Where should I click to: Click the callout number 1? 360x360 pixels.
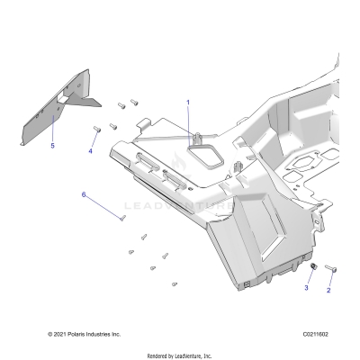(188, 103)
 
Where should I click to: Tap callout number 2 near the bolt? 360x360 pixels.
(328, 292)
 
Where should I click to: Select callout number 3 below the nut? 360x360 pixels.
(305, 288)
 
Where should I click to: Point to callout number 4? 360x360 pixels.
(89, 151)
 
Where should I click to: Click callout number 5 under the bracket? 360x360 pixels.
(51, 145)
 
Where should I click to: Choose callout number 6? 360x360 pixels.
(84, 194)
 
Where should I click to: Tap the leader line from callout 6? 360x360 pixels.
(102, 206)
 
